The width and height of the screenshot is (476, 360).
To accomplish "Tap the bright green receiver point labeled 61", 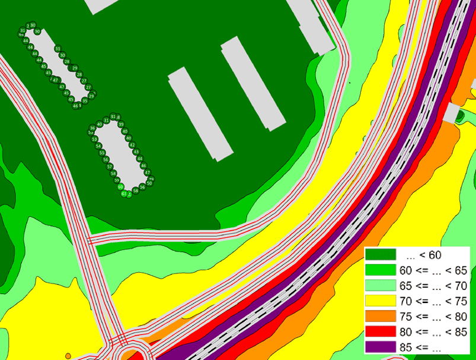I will (124, 194).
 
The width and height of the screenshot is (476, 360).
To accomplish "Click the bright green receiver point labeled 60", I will (120, 187).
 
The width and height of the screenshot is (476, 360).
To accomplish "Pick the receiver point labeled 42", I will (132, 145).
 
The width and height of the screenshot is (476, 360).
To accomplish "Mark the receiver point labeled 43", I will (135, 152).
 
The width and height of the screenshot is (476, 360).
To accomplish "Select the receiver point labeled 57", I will (110, 167).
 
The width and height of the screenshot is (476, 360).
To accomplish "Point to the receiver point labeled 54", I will (98, 146).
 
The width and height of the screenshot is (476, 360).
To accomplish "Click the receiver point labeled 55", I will (102, 153).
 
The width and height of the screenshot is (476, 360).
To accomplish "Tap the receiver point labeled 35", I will (85, 101).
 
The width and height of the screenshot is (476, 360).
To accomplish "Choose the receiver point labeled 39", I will (120, 125).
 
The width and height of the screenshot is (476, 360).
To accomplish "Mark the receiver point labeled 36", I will (92, 128).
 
